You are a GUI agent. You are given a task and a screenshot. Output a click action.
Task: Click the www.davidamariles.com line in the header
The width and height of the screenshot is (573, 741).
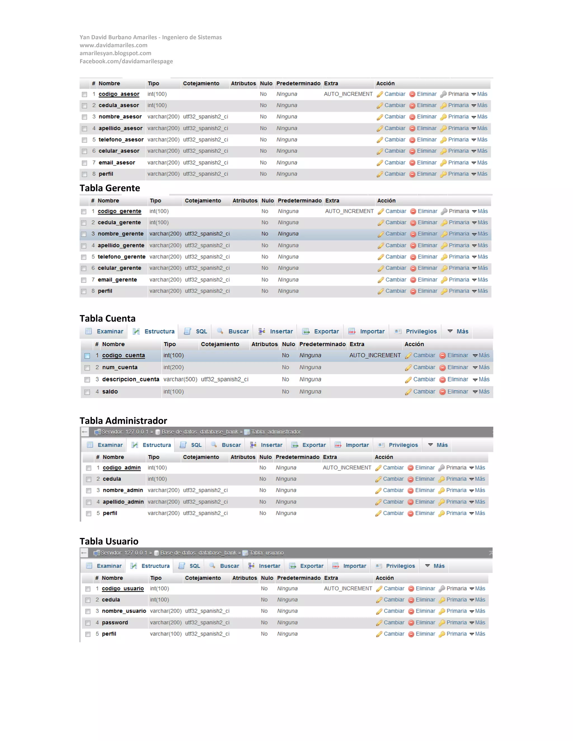113,45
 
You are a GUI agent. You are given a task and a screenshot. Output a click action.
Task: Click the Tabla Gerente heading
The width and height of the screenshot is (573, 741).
110,188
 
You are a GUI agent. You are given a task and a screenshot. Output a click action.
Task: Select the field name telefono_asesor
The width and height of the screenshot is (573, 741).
121,140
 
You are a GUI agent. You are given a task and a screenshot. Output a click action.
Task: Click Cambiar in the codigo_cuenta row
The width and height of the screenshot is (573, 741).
424,355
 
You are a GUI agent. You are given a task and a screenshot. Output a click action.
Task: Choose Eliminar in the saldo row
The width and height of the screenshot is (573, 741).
457,391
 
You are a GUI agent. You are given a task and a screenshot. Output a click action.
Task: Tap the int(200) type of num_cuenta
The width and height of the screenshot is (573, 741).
173,367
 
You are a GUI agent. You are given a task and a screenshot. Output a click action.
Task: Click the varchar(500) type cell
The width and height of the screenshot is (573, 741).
180,379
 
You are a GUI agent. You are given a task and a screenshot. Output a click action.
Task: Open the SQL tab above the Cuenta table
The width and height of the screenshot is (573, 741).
201,331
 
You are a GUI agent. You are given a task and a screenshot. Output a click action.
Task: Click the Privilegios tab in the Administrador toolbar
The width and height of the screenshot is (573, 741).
403,445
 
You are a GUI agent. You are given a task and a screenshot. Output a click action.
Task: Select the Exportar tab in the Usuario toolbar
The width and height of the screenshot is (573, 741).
311,566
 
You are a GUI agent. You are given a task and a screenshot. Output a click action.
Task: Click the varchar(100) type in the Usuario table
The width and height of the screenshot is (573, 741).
166,634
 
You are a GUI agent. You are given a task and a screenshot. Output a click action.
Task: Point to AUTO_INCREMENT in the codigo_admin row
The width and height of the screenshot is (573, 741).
347,468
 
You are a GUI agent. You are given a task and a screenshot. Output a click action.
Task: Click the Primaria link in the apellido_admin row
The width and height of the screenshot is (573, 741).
456,502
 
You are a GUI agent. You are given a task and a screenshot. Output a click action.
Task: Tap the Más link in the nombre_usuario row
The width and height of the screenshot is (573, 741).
480,611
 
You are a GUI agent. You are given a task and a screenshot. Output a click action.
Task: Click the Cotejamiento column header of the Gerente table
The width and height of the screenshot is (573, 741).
203,200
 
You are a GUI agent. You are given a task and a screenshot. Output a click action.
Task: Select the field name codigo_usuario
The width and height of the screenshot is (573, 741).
123,588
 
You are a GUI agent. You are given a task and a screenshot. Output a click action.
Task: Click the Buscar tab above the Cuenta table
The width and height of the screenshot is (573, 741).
238,331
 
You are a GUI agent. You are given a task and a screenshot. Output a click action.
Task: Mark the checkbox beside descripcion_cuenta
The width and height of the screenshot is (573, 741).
87,380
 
